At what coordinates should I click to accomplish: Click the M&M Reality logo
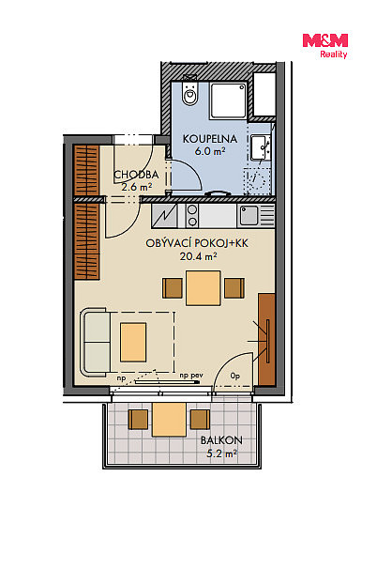pyautogui.click(x=325, y=46)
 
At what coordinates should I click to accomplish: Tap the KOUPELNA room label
pyautogui.click(x=210, y=139)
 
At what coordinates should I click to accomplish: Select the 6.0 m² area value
pyautogui.click(x=210, y=151)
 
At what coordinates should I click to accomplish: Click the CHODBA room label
pyautogui.click(x=136, y=175)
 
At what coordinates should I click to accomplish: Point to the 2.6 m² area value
pyautogui.click(x=136, y=187)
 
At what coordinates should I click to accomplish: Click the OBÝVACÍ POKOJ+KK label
pyautogui.click(x=197, y=243)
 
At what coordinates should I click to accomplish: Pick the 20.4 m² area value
pyautogui.click(x=198, y=256)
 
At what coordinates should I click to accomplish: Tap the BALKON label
pyautogui.click(x=221, y=440)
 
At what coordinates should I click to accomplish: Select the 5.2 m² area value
pyautogui.click(x=221, y=454)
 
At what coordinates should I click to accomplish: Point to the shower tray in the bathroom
pyautogui.click(x=228, y=100)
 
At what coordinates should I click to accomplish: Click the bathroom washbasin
pyautogui.click(x=260, y=147)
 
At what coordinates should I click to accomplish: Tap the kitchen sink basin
pyautogui.click(x=249, y=215)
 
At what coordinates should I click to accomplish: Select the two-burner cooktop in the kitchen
pyautogui.click(x=192, y=215)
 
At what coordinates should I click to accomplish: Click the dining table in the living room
pyautogui.click(x=204, y=288)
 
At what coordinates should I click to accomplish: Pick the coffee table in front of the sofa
pyautogui.click(x=133, y=342)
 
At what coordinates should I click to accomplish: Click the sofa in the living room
pyautogui.click(x=96, y=343)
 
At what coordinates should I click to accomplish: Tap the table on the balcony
pyautogui.click(x=169, y=420)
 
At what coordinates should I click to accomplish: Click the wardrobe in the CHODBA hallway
pyautogui.click(x=86, y=170)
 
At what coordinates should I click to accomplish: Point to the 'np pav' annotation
pyautogui.click(x=191, y=376)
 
